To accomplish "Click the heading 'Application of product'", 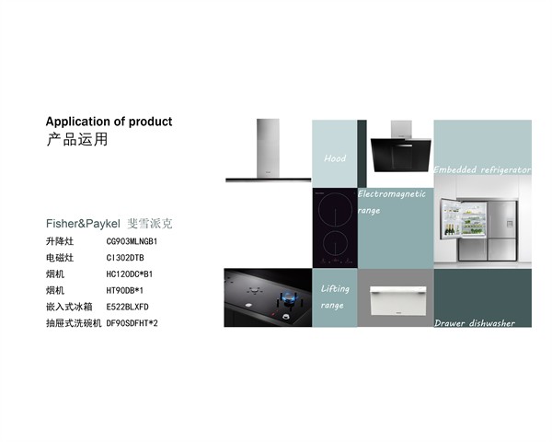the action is point(109,122).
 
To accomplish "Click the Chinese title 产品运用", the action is point(76,139).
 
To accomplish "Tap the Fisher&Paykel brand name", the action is point(83,224).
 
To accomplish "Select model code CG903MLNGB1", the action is point(132,241).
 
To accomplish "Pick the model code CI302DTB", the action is point(125,258).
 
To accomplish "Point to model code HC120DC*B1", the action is point(130,273).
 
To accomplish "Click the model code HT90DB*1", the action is point(124,290).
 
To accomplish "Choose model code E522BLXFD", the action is point(128,307).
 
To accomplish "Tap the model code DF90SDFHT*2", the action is point(132,323).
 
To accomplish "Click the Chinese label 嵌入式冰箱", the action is point(69,307).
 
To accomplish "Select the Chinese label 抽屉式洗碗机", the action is point(74,323).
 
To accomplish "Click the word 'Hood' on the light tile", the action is point(335,158).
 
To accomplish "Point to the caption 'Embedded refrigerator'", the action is point(482,169).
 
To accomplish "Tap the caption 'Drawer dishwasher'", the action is point(475,323).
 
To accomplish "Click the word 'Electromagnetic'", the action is point(392,194).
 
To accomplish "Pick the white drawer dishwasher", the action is point(397,300).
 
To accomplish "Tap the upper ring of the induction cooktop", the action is point(335,210).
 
